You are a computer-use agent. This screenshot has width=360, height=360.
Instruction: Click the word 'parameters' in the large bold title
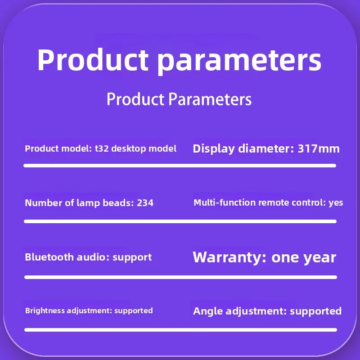click(239, 61)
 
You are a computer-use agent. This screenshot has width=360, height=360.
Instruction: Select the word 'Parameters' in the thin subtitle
click(210, 99)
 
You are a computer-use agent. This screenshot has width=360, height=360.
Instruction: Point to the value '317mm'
click(319, 148)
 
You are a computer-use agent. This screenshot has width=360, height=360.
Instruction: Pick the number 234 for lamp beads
click(145, 203)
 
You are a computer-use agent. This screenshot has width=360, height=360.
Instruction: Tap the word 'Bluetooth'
click(49, 257)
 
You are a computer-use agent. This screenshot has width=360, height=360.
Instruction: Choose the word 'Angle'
click(208, 311)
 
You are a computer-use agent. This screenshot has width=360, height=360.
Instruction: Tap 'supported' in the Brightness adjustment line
click(133, 311)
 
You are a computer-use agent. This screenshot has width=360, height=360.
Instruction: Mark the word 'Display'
click(214, 149)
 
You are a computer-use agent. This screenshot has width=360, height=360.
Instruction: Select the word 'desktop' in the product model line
click(129, 149)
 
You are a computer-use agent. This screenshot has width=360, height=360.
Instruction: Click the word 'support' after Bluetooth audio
click(132, 257)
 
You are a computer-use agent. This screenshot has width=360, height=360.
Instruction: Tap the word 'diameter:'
click(266, 148)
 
